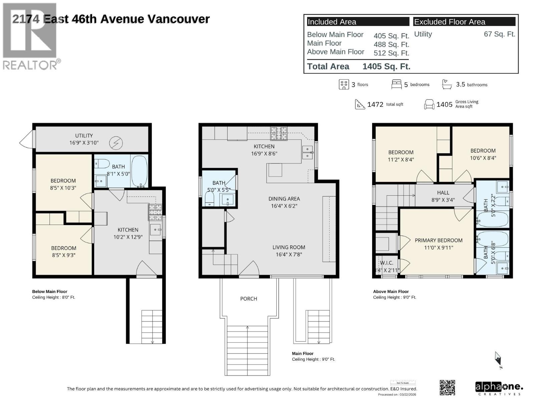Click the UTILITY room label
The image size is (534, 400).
(84, 136)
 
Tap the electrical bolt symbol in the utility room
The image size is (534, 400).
(116, 143)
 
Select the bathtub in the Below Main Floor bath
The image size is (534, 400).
(139, 171)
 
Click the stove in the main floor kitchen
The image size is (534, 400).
(279, 133)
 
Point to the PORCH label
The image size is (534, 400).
(249, 299)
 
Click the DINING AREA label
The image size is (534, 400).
(284, 199)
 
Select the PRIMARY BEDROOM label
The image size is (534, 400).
(439, 240)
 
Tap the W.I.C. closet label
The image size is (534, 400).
(386, 263)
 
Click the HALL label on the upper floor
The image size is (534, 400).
(443, 193)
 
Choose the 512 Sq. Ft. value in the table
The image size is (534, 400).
(391, 53)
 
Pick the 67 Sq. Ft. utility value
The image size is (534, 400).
(499, 34)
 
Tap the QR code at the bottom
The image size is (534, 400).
(447, 387)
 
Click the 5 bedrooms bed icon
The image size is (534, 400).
(396, 84)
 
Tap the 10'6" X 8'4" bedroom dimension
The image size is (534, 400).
(483, 158)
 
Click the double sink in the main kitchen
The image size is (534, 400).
(307, 152)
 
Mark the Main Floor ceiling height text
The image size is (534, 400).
(313, 359)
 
